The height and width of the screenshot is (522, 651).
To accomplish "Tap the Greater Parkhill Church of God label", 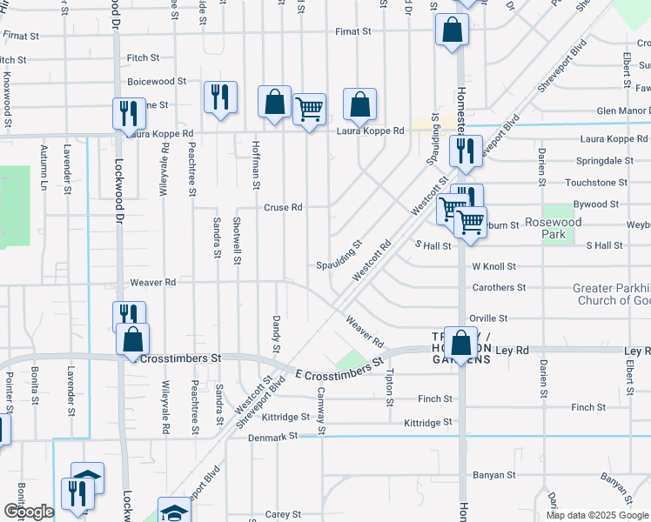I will pos(611,294).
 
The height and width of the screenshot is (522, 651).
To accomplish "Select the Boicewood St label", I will pos(157,81).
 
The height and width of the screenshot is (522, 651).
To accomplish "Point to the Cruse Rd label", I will pos(283,208).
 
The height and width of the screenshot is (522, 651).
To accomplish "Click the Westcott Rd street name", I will pos(372,260).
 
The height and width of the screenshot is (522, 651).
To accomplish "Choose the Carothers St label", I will pos(499,287).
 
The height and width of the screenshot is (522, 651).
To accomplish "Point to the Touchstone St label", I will pos(596,183).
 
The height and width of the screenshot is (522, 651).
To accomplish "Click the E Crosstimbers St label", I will pos(339,367).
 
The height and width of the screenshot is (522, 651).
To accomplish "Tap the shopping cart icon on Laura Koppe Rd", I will pos(309,110).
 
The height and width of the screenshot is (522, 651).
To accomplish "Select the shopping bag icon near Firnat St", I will pos(453,31).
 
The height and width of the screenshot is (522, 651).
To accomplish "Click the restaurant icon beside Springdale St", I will pos(466,151).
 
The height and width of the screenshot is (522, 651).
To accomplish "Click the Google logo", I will pos(29,512).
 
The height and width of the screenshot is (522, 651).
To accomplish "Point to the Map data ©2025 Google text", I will pos(597,514).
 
